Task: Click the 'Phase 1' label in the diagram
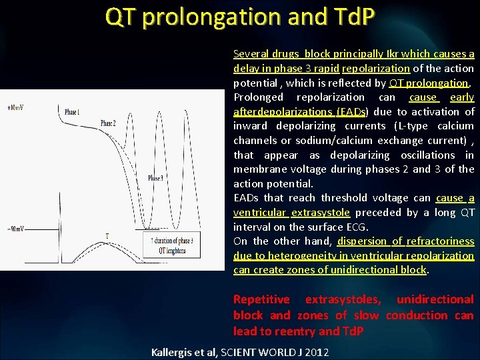coord(73,112)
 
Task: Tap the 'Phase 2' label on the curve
coord(108,123)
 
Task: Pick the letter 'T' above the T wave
coord(107,236)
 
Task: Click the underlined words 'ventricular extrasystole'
coord(291,213)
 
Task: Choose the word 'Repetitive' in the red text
coord(261,300)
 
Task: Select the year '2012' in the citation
coord(315,351)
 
